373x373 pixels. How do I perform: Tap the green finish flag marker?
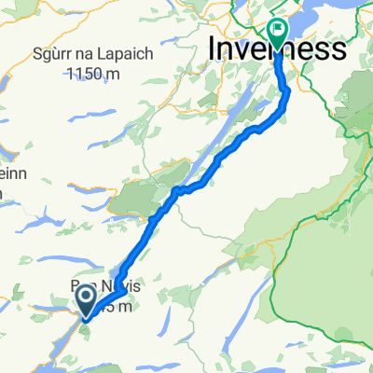pyautogui.click(x=277, y=33)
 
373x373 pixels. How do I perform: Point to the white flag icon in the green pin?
pyautogui.click(x=277, y=29)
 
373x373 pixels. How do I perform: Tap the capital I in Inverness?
pyautogui.click(x=215, y=48)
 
